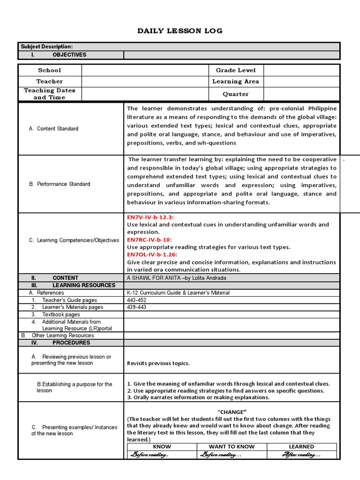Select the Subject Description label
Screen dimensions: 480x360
(47, 46)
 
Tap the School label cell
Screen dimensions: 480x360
(50, 70)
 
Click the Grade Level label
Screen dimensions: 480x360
(236, 70)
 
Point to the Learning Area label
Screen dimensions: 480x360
(236, 81)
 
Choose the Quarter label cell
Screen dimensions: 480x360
(236, 94)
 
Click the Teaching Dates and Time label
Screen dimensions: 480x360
(50, 94)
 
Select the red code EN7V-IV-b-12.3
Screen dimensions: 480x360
(150, 217)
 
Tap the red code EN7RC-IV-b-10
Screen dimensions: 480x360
(150, 240)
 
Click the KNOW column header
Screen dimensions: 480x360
(162, 447)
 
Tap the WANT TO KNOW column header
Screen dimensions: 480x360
(232, 447)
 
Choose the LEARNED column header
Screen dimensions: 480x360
(301, 447)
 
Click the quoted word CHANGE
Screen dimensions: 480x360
(232, 412)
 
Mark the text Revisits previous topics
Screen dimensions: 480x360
(158, 363)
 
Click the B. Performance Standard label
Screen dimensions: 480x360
(60, 184)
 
